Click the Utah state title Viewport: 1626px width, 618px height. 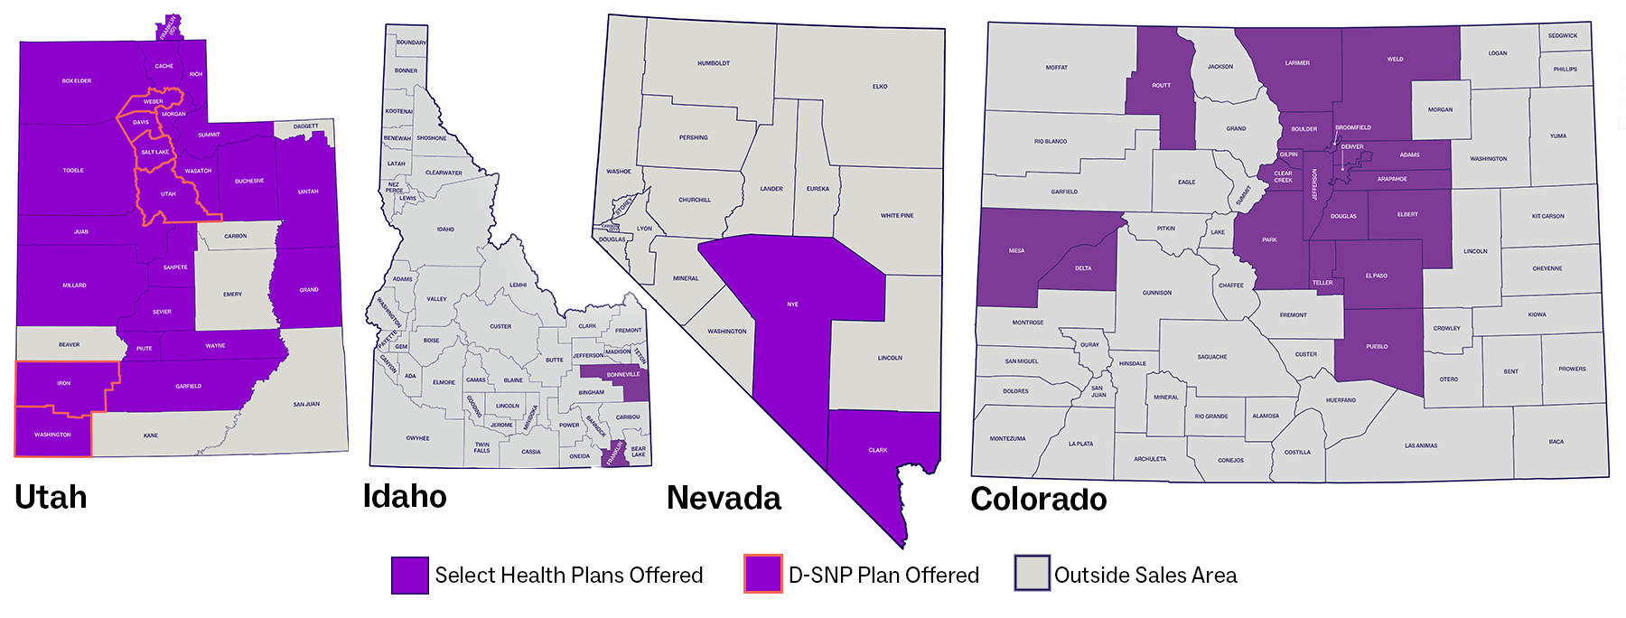(51, 498)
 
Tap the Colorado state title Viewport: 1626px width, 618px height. (1038, 499)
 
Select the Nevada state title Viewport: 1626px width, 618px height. (724, 498)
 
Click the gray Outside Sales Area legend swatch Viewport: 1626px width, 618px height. (1032, 574)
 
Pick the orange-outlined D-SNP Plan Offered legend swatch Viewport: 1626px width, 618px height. (763, 574)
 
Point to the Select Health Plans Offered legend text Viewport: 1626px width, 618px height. (568, 576)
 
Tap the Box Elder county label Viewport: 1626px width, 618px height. (77, 81)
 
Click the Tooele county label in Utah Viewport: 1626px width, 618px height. (73, 170)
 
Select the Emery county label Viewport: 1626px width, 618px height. (232, 295)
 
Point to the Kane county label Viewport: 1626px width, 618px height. (151, 435)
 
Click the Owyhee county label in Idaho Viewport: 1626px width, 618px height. (417, 438)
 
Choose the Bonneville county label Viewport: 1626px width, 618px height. (623, 374)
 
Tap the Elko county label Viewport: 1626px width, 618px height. (880, 87)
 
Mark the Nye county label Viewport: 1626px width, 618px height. (792, 304)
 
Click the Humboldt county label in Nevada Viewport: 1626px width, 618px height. (714, 63)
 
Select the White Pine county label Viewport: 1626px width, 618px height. (897, 216)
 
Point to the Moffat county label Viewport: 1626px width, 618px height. (1057, 68)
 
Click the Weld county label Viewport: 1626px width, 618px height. (1396, 60)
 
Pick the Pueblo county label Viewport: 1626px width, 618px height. (1377, 347)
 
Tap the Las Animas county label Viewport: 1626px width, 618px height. (1421, 445)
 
